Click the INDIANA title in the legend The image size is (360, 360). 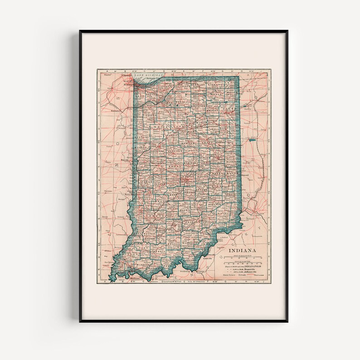pos(242,250)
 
